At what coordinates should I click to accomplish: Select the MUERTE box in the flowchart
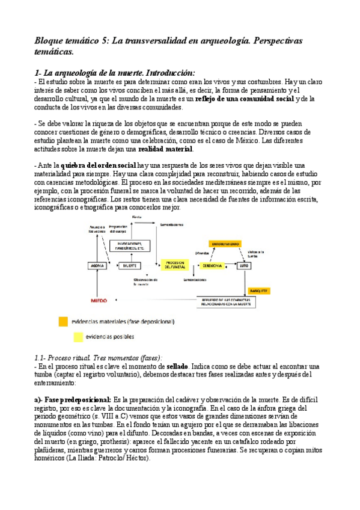coord(128,265)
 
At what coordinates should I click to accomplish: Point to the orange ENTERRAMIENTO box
coord(225,244)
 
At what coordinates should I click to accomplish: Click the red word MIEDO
coord(99,300)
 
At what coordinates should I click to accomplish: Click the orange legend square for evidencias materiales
coord(63,322)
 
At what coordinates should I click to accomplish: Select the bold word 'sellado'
coord(177,366)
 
